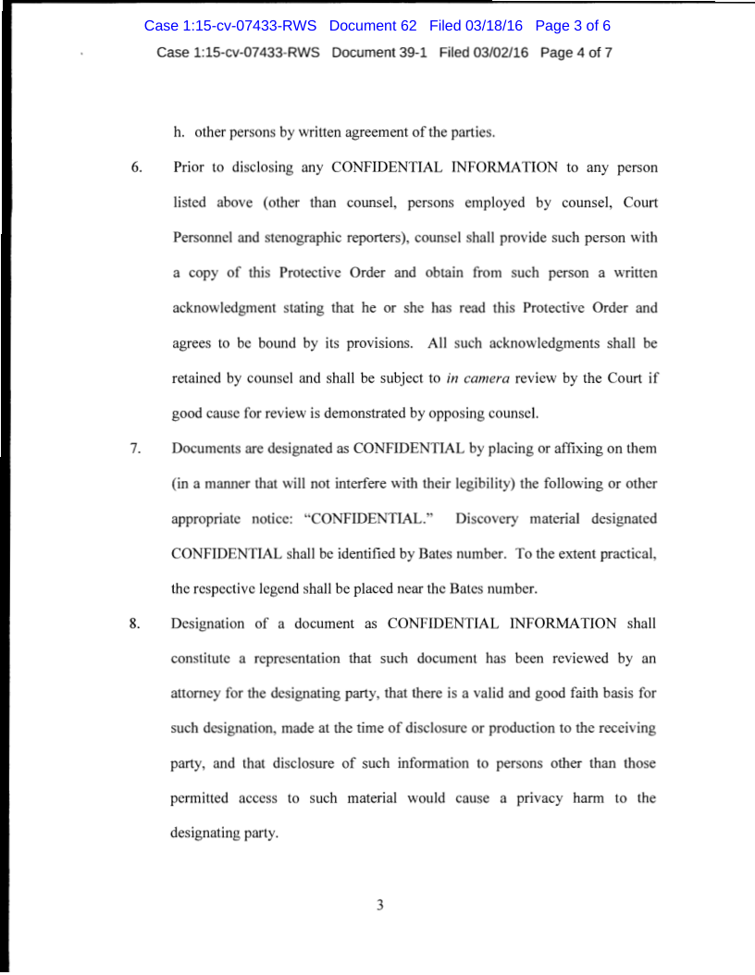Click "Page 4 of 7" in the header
coord(576,52)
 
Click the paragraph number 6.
coord(136,167)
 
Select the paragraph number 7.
coord(135,449)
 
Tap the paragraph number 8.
coord(135,623)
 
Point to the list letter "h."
coord(179,132)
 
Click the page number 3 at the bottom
coord(379,905)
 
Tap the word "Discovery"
coord(486,519)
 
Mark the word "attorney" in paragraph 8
coord(197,693)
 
